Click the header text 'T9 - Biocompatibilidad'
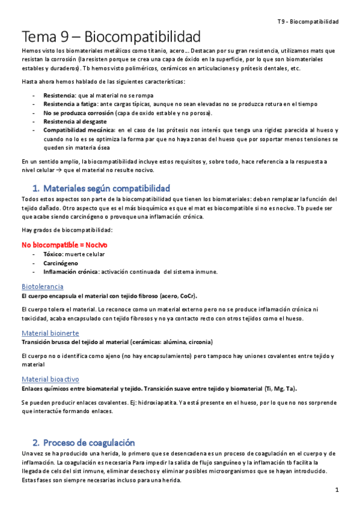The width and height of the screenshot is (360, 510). [308, 22]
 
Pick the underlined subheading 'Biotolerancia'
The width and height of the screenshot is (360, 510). [42, 286]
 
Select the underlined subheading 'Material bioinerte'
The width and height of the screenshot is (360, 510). [50, 333]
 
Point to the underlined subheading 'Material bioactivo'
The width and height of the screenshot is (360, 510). [50, 379]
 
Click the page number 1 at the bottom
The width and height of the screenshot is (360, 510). [338, 490]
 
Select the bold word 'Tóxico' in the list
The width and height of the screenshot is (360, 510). [53, 254]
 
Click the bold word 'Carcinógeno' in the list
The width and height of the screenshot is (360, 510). [60, 263]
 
